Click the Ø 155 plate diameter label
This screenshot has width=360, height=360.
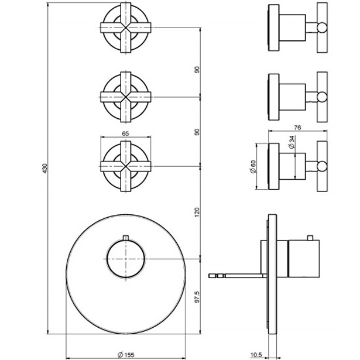[x=126, y=354]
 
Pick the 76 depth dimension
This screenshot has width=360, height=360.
[x=297, y=126]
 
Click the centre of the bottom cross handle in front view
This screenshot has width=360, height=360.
[x=126, y=163]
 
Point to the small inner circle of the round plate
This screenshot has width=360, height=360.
[x=126, y=258]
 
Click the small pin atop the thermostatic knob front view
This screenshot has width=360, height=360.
[x=126, y=237]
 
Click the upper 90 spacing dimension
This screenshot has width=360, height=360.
[x=198, y=70]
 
